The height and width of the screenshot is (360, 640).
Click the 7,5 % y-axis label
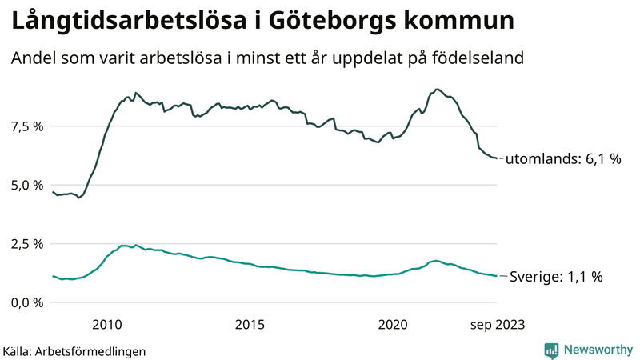pyautogui.click(x=26, y=126)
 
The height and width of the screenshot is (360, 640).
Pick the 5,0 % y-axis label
pyautogui.click(x=26, y=185)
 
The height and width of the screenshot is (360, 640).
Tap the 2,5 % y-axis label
pyautogui.click(x=26, y=244)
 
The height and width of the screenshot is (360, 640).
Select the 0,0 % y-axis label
pyautogui.click(x=26, y=302)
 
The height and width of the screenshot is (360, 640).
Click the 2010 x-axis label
pyautogui.click(x=107, y=323)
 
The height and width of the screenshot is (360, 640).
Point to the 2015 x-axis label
pyautogui.click(x=250, y=323)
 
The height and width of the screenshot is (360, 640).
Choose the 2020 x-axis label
pyautogui.click(x=393, y=323)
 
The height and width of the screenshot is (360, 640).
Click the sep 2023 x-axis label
pyautogui.click(x=498, y=323)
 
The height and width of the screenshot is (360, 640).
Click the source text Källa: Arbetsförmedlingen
pyautogui.click(x=74, y=350)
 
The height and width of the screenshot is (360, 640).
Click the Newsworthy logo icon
pyautogui.click(x=551, y=350)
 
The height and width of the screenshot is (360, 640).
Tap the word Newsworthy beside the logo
pyautogui.click(x=597, y=350)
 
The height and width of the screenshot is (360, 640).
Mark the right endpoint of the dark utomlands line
pyautogui.click(x=497, y=158)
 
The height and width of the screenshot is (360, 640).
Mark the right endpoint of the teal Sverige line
pyautogui.click(x=497, y=276)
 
